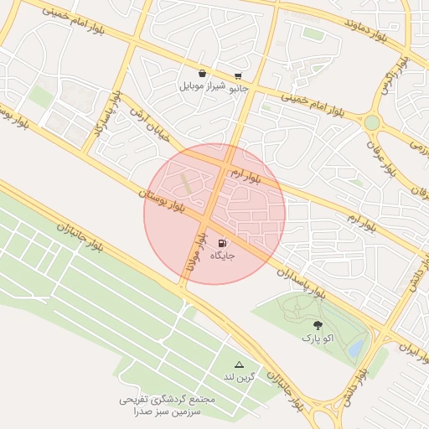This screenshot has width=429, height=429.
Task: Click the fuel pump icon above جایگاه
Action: click(x=220, y=243)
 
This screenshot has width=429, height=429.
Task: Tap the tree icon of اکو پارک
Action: click(x=317, y=325)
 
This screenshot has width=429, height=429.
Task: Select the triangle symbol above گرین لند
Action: click(x=240, y=364)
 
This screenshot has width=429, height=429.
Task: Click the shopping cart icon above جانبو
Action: click(x=239, y=75)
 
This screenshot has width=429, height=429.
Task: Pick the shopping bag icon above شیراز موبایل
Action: click(x=203, y=74)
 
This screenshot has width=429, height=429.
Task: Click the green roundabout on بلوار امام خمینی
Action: click(x=371, y=122)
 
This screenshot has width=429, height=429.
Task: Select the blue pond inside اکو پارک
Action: click(x=355, y=345)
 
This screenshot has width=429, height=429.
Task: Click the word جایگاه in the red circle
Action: click(x=222, y=254)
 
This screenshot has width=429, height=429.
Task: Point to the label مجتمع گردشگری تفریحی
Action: click(x=167, y=400)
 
